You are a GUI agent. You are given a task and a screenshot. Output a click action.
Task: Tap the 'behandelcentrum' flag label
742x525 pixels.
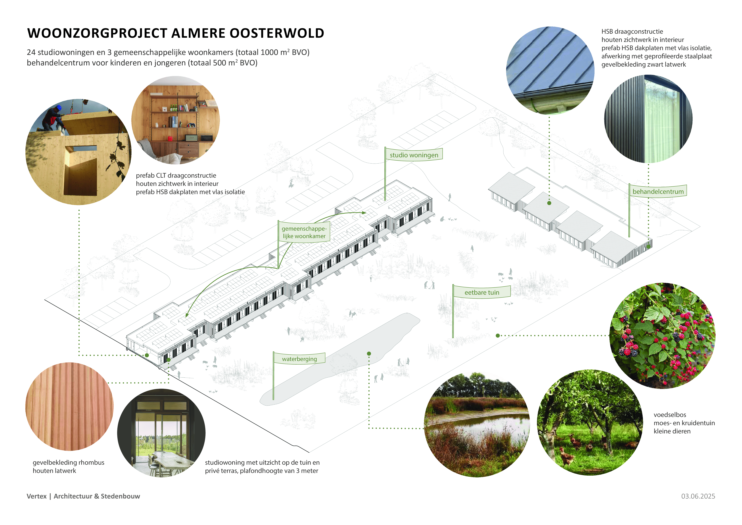[x=658, y=191]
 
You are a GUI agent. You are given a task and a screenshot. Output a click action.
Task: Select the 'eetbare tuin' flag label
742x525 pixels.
[x=482, y=292]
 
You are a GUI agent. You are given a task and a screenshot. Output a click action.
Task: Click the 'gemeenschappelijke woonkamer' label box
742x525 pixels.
[x=304, y=232]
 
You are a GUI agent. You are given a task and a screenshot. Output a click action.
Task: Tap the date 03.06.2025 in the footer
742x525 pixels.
[x=698, y=496]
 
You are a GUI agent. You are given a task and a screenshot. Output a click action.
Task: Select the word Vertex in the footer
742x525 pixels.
[x=36, y=496]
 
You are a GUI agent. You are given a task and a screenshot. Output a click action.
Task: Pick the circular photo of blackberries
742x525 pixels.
[x=662, y=336]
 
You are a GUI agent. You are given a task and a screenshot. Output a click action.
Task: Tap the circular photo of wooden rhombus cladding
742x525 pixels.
[x=70, y=406]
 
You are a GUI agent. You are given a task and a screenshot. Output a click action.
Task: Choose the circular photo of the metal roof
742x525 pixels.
[x=550, y=70]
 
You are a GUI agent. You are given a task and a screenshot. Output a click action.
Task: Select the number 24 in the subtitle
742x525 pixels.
[x=31, y=52]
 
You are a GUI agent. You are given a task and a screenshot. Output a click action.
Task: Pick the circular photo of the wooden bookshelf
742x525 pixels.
[x=175, y=120]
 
